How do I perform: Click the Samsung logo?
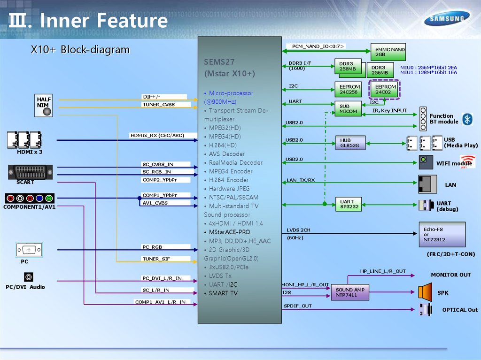pos(447,19)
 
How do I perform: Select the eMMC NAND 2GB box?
pos(388,52)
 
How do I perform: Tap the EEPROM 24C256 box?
pos(349,89)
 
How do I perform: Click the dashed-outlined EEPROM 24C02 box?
pos(385,89)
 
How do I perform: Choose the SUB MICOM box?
pos(348,109)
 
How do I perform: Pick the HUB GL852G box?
pos(349,143)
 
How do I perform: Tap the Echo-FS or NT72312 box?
pos(442,234)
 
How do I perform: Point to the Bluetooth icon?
pos(467,119)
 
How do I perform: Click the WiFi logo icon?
pos(467,161)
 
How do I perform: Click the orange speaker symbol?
pos(425,292)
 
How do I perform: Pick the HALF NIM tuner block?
pos(45,106)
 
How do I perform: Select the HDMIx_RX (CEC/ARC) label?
pos(157,136)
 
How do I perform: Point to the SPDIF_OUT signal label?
pos(298,306)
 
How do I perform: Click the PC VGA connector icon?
pos(29,250)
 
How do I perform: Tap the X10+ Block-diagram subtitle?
pos(80,50)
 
